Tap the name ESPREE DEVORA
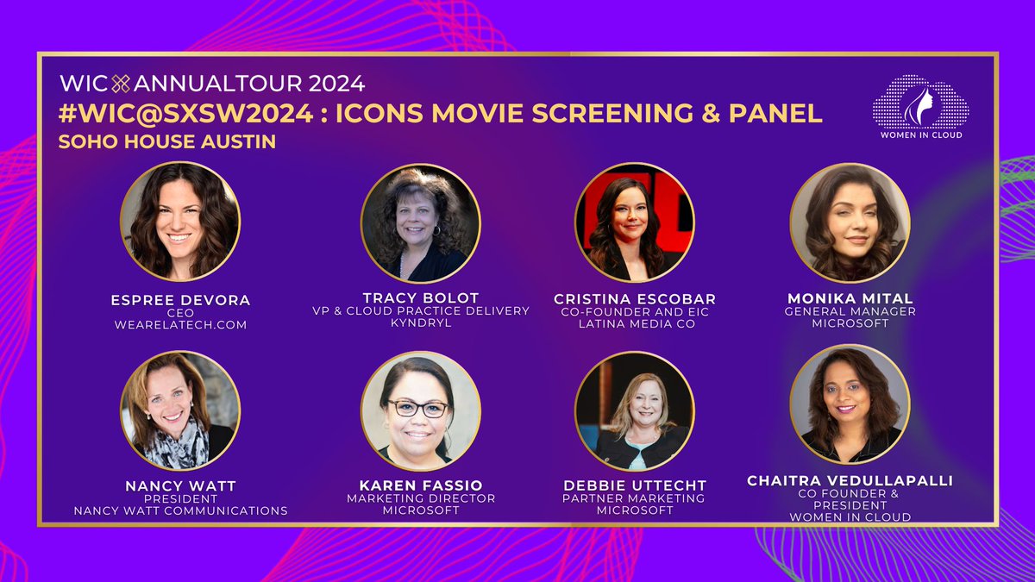click(179, 300)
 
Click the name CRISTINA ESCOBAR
click(635, 299)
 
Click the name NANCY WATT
click(179, 486)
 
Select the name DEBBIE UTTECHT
click(634, 486)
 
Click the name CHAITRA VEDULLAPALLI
click(850, 480)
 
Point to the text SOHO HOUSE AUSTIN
click(167, 141)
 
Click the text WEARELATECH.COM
click(179, 324)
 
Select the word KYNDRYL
click(420, 322)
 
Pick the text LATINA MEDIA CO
click(635, 323)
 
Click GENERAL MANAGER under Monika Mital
click(850, 311)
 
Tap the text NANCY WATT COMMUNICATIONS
click(179, 510)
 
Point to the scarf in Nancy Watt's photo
click(179, 449)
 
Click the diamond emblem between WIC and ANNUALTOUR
click(121, 84)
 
